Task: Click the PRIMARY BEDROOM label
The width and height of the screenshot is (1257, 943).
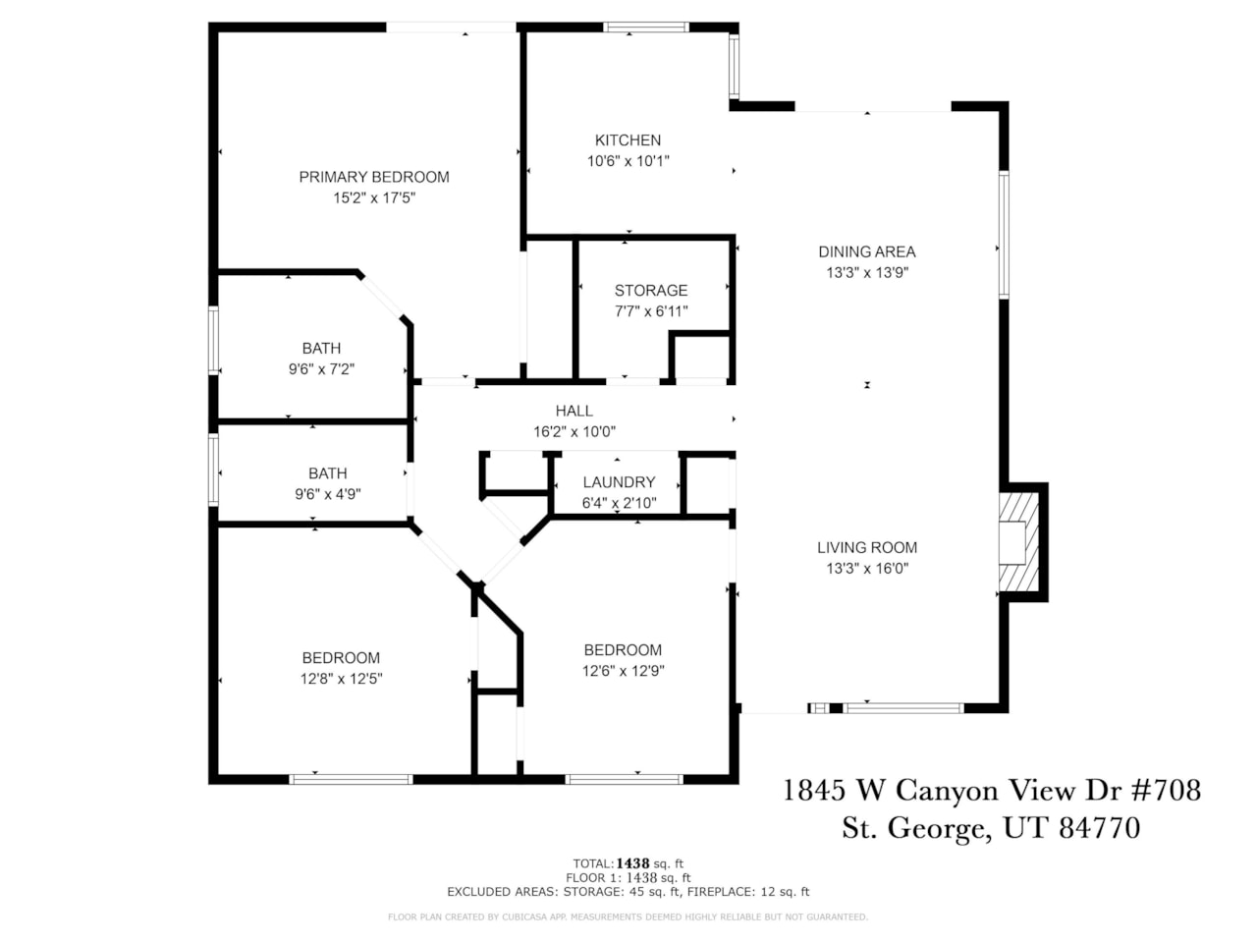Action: point(374,177)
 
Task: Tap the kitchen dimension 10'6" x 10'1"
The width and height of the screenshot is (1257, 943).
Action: point(628,161)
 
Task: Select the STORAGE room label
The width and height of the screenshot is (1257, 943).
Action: point(650,291)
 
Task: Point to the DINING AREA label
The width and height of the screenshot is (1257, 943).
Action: point(867,251)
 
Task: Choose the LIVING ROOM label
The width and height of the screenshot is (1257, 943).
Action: point(867,548)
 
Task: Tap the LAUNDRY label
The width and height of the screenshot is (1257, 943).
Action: point(619,482)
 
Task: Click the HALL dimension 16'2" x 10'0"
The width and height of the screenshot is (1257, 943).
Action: point(574,432)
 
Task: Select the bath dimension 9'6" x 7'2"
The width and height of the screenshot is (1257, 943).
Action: point(321,369)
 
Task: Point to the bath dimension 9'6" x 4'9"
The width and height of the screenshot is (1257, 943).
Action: point(327,494)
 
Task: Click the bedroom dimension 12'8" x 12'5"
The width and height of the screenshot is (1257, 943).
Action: point(341,679)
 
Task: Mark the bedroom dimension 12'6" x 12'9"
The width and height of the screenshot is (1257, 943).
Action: point(623,671)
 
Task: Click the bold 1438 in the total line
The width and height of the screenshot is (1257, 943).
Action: point(639,864)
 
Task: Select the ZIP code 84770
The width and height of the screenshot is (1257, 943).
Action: point(1099,828)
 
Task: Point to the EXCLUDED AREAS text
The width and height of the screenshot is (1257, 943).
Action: point(501,892)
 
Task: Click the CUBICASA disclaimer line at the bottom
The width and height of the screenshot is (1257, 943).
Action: point(628,917)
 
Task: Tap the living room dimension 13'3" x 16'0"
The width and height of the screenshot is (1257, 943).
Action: point(867,569)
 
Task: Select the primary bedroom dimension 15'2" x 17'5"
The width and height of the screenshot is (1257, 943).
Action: point(374,198)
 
